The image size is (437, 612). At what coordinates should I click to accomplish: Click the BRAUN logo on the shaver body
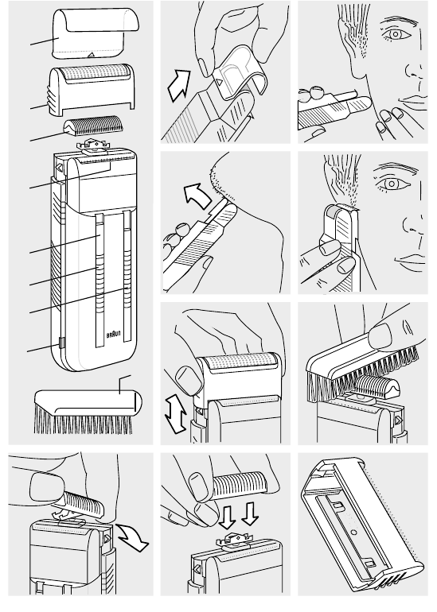(113, 335)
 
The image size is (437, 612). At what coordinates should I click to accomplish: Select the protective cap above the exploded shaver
(96, 34)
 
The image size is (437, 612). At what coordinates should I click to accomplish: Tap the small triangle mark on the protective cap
(91, 55)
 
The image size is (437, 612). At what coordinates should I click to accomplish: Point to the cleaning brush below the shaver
(88, 413)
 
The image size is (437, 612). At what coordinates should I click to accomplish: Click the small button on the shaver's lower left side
(61, 343)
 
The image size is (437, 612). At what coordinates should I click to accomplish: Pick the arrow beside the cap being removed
(179, 86)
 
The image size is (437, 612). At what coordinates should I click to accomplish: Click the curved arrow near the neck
(198, 194)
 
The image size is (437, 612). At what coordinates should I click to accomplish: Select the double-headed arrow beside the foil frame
(175, 413)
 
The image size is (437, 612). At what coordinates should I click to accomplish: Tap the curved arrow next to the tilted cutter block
(132, 537)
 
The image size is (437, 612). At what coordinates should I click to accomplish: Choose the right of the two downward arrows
(250, 513)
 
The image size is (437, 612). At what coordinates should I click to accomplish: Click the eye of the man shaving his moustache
(396, 35)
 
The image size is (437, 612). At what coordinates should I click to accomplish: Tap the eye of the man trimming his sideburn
(392, 184)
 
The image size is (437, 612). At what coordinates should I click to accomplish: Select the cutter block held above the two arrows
(240, 483)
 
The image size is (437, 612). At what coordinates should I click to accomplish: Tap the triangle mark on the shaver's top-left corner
(60, 168)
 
